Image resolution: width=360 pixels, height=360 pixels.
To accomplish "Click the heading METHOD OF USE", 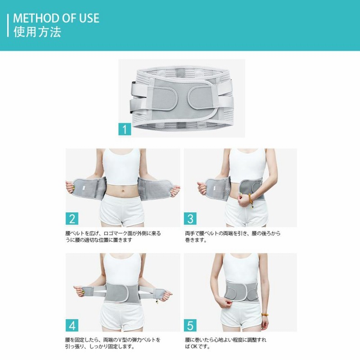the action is click(x=56, y=18).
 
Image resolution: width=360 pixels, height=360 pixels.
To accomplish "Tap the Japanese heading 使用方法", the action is click(x=37, y=31).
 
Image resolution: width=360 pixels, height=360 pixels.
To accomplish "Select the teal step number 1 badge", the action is click(x=125, y=129).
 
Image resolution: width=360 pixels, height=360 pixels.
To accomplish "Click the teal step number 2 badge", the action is click(x=72, y=219).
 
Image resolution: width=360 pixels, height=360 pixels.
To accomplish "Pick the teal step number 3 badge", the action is click(x=190, y=219).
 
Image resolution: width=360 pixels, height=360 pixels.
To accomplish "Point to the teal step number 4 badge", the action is click(x=72, y=325).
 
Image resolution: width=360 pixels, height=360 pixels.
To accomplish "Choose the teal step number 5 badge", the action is click(x=190, y=325).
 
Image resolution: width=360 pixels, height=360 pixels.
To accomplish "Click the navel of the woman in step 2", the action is click(x=123, y=191).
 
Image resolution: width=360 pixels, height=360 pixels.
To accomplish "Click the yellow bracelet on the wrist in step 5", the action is click(x=265, y=315).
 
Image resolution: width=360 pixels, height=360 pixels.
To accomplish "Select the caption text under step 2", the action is click(x=113, y=237).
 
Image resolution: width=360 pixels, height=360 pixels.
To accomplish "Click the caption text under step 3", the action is click(x=233, y=237).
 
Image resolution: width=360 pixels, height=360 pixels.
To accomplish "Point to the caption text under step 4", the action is click(x=112, y=343).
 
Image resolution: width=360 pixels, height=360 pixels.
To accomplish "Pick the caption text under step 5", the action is click(x=225, y=343).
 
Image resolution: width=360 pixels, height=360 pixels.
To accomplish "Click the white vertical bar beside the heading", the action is click(x=8, y=26).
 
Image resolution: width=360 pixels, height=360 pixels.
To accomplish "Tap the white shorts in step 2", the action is click(x=122, y=210).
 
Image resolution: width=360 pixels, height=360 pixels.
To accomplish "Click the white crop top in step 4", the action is click(x=122, y=269).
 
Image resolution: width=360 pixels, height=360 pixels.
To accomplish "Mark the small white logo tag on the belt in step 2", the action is click(x=84, y=188).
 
